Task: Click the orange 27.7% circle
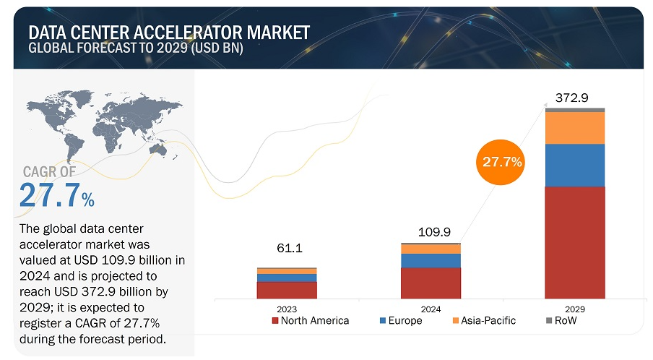coord(502,162)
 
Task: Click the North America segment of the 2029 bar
coord(575,242)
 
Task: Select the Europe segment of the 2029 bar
coord(575,165)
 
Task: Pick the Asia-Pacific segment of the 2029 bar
coord(575,128)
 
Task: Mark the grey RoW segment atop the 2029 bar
coord(575,110)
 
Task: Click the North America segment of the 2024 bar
coord(431,283)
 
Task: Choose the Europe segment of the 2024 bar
coord(431,260)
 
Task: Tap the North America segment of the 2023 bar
coord(287,290)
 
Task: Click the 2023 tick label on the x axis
coord(287,309)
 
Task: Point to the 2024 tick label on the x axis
coord(431,309)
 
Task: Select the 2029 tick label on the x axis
coord(575,309)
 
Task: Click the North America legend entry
coord(310,320)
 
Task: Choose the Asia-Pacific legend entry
coord(483,320)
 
